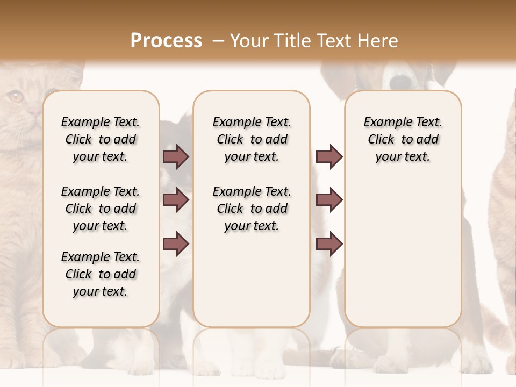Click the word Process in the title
166,40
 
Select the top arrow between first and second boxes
176,156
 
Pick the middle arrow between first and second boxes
176,200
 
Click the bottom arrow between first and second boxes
176,243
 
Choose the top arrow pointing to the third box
329,156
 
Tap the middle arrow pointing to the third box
329,200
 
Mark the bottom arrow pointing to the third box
329,243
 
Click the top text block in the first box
101,139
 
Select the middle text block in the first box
101,209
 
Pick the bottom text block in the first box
101,274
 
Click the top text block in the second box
252,139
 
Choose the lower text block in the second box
252,209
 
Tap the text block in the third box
403,139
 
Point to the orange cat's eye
16,97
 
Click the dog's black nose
400,81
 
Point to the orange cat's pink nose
35,112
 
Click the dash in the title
218,41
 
